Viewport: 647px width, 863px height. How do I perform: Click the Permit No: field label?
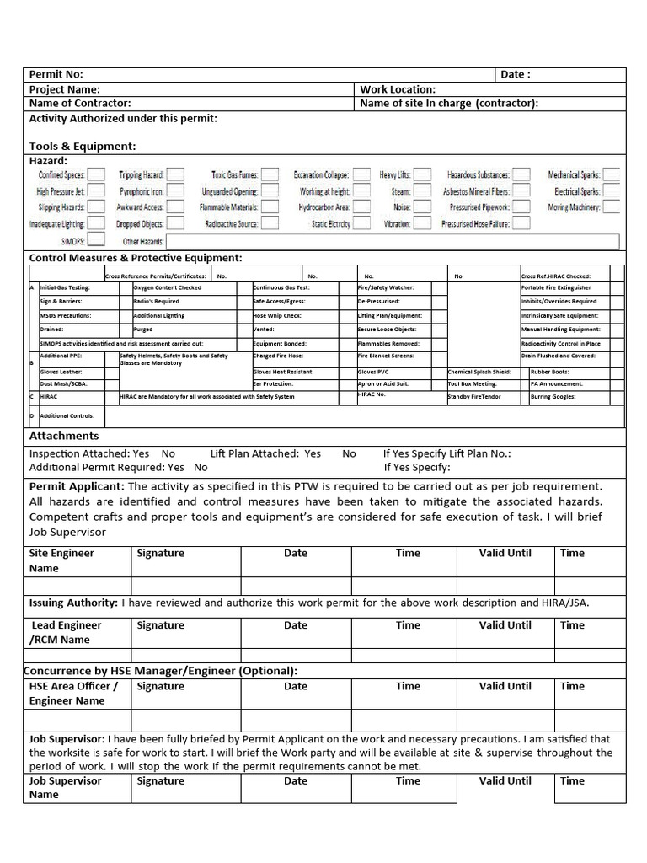pos(56,74)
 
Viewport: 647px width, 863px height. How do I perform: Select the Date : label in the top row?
pos(516,74)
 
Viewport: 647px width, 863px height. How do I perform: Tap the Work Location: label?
pos(398,89)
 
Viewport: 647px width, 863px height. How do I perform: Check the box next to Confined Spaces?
pos(97,174)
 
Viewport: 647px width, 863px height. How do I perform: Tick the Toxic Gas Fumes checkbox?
pos(270,174)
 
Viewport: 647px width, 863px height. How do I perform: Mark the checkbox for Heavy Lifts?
pos(423,174)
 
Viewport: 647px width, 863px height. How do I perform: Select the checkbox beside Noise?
pos(423,207)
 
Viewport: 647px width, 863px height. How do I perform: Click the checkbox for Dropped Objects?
pos(174,224)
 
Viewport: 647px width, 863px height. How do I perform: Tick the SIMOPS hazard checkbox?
pos(97,241)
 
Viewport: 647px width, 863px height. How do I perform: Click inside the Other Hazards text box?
pos(392,242)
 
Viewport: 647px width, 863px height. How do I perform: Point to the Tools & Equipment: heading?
pos(83,146)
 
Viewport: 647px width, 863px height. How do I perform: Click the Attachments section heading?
pos(64,436)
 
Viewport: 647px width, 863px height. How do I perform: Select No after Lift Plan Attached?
pos(349,453)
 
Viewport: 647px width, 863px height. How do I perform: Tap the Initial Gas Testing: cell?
pos(65,288)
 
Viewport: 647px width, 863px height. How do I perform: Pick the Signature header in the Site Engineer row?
pos(160,554)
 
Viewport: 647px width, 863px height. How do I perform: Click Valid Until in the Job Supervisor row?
pos(505,780)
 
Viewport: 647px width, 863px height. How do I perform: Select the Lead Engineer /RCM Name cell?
pos(66,632)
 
